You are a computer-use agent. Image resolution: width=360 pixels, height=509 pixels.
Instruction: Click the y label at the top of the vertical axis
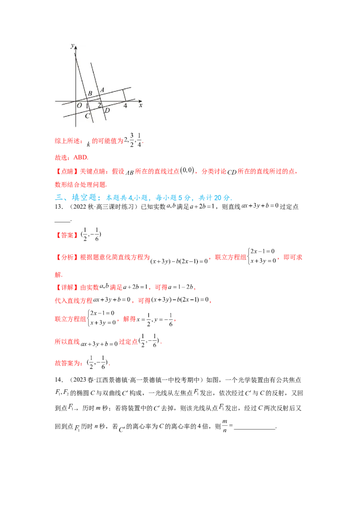[x=72, y=46]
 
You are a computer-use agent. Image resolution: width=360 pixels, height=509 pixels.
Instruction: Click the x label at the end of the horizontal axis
[x=140, y=105]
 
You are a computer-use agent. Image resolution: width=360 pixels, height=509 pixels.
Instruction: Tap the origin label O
[x=79, y=105]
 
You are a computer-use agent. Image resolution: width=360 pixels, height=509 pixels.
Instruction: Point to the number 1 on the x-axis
[x=87, y=105]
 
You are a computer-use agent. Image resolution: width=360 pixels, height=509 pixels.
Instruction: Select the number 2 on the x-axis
[x=99, y=105]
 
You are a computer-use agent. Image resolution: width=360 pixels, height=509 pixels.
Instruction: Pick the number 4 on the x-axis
[x=125, y=105]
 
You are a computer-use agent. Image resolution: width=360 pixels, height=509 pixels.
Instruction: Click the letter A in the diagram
[x=102, y=90]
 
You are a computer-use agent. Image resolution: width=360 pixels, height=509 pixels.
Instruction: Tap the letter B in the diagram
[x=90, y=94]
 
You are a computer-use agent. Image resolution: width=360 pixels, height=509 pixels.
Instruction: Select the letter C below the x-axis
[x=87, y=116]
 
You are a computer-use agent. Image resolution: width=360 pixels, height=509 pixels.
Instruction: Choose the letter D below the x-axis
[x=107, y=111]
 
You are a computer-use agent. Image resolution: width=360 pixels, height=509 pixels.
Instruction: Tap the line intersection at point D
[x=103, y=107]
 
